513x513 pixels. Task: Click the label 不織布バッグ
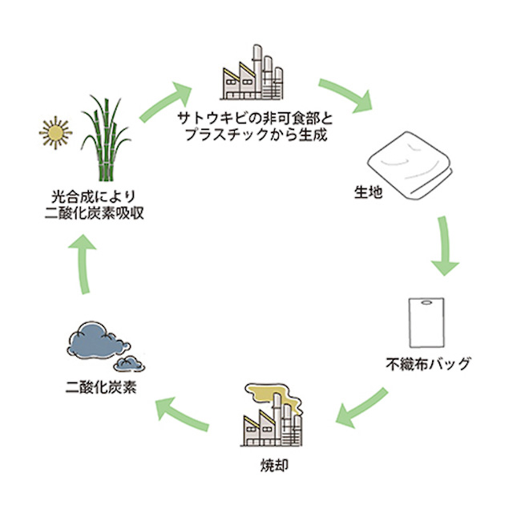[426, 366]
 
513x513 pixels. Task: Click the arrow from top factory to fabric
[347, 95]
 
